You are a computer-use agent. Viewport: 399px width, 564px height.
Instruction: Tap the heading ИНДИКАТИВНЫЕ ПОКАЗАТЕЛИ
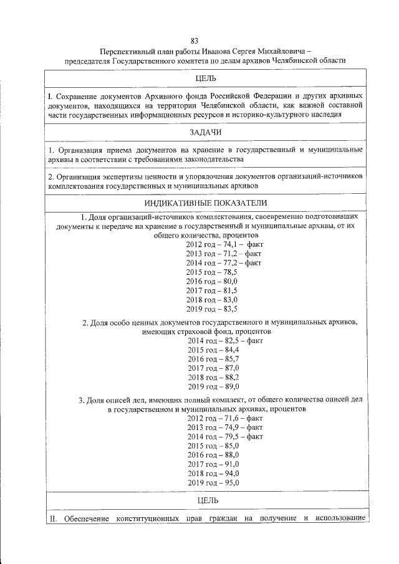coord(205,203)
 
